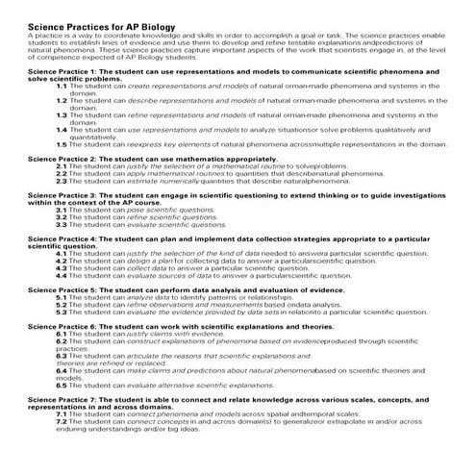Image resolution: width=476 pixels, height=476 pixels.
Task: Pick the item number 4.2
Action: [x=62, y=260]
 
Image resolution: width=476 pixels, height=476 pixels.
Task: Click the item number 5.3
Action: [x=62, y=312]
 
